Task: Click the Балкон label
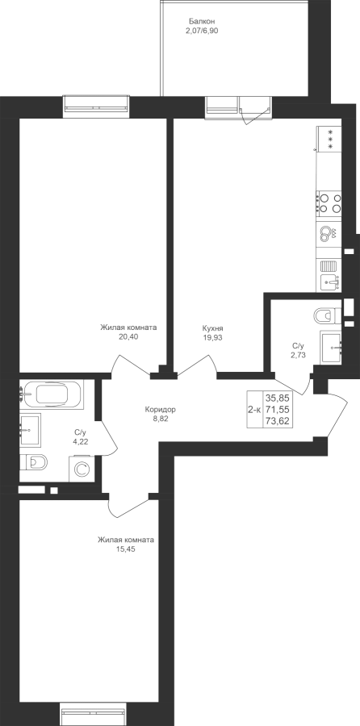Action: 202,21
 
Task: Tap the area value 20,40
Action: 128,337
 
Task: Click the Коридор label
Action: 161,409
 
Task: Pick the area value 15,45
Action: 126,549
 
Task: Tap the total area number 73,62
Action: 277,420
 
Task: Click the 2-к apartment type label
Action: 254,409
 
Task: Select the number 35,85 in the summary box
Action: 277,397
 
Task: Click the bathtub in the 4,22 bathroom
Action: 52,394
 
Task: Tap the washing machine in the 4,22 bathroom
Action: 81,469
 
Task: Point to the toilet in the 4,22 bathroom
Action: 34,461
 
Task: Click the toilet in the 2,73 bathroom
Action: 328,316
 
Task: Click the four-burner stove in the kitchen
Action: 329,203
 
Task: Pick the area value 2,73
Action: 298,355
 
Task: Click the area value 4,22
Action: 81,441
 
